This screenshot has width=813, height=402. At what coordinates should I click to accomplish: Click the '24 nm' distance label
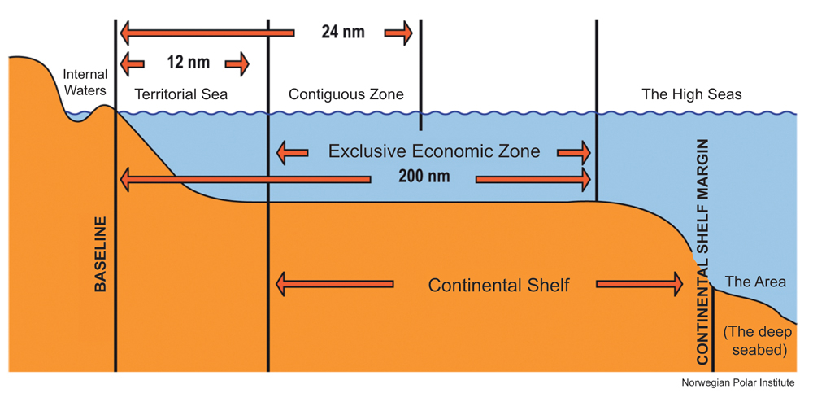pos(342,33)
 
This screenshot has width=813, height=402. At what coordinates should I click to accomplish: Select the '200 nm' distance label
pos(423,176)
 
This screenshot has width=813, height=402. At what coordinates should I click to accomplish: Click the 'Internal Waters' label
pos(85,82)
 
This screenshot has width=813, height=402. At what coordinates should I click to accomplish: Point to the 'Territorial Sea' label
pos(181,94)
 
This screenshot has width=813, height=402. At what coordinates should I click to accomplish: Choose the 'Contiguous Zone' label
pos(346,94)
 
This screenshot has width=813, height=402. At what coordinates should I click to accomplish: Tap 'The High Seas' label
pos(692,94)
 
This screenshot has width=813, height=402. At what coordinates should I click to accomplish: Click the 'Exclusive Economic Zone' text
pos(433,151)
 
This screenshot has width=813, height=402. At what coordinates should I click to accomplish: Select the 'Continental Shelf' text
pos(498,286)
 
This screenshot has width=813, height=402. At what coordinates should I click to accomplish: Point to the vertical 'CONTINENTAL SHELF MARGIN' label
pos(704,251)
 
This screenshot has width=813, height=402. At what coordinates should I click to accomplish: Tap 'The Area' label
pos(755,282)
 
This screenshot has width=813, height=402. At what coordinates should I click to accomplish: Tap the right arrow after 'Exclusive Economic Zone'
pos(574,152)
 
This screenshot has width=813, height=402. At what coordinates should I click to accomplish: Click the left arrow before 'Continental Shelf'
pos(334,285)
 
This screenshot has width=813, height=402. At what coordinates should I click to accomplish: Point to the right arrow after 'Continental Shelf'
pos(640,285)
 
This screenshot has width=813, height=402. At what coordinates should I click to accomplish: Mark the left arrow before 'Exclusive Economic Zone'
pos(292,152)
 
